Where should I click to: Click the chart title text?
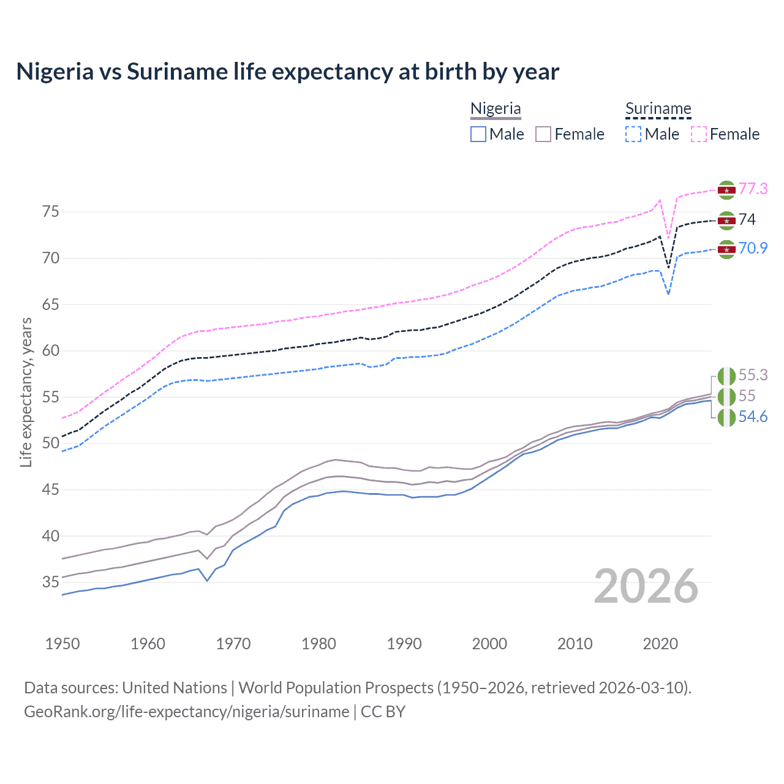[x=287, y=72]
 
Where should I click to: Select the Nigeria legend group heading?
[x=496, y=108]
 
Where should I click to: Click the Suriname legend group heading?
[x=658, y=108]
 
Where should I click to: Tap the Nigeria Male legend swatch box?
[x=478, y=134]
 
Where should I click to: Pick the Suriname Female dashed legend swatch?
[x=699, y=134]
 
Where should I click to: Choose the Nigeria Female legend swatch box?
[x=543, y=134]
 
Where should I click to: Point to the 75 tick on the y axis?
[x=51, y=212]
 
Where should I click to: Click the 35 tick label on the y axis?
[x=51, y=582]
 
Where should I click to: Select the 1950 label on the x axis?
[x=62, y=644]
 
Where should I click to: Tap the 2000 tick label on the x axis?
[x=489, y=644]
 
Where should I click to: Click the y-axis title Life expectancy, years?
[x=26, y=392]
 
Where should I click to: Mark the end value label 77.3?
[x=753, y=189]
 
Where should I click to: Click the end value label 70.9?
[x=753, y=248]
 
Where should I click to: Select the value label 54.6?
[x=753, y=417]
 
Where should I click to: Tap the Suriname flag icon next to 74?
[x=726, y=221]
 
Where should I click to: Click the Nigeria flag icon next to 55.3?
[x=726, y=375]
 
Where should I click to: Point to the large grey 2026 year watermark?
[x=646, y=586]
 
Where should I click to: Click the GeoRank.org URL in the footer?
[x=186, y=712]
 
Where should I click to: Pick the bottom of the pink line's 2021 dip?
[x=668, y=238]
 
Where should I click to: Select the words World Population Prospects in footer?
[x=336, y=688]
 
